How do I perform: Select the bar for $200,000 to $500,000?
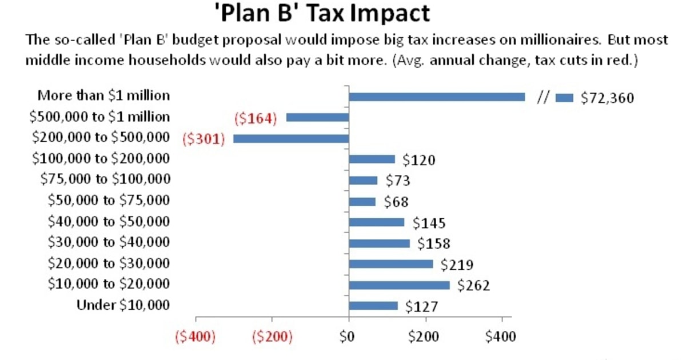291,138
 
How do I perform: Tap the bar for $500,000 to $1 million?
317,117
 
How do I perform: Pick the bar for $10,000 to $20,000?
399,285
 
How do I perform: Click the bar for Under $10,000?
373,306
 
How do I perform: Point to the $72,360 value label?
607,98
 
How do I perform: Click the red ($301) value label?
204,139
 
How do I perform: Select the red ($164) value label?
256,118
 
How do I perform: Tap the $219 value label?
457,265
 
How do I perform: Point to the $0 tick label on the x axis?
348,336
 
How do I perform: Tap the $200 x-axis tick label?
425,336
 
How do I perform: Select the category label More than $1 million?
103,95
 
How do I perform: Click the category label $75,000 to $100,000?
106,179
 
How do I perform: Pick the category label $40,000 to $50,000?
109,221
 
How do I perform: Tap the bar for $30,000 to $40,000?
379,243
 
